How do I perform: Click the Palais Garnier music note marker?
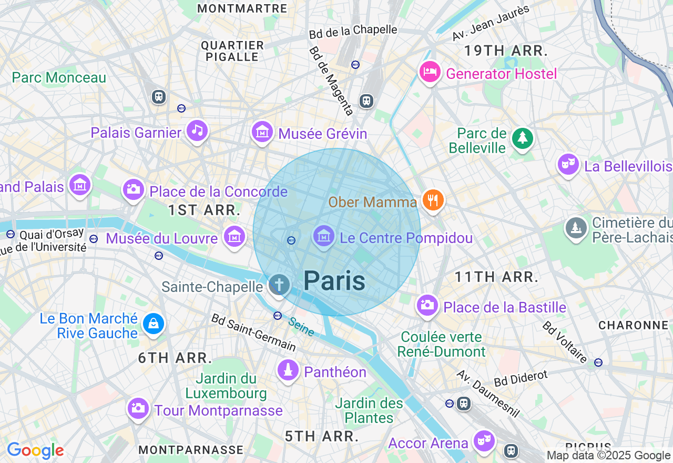[x=197, y=130]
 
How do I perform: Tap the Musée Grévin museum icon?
[x=262, y=132]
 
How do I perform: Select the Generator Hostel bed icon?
[x=430, y=72]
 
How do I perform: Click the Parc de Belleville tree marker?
[x=522, y=138]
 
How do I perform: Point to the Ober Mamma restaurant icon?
[x=433, y=200]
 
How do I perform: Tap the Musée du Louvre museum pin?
[x=234, y=237]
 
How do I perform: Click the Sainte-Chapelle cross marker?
[x=279, y=285]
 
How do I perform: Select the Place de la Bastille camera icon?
[x=427, y=305]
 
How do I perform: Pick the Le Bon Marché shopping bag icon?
[x=153, y=324]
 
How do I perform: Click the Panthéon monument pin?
[x=288, y=370]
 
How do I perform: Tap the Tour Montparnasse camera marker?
[x=138, y=408]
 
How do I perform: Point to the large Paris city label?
[x=334, y=280]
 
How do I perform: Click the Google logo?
[x=35, y=450]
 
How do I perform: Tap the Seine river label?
[x=301, y=327]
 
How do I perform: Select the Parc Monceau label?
[x=59, y=78]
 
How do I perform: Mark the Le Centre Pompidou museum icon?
[x=323, y=236]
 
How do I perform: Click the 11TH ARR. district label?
[x=497, y=277]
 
